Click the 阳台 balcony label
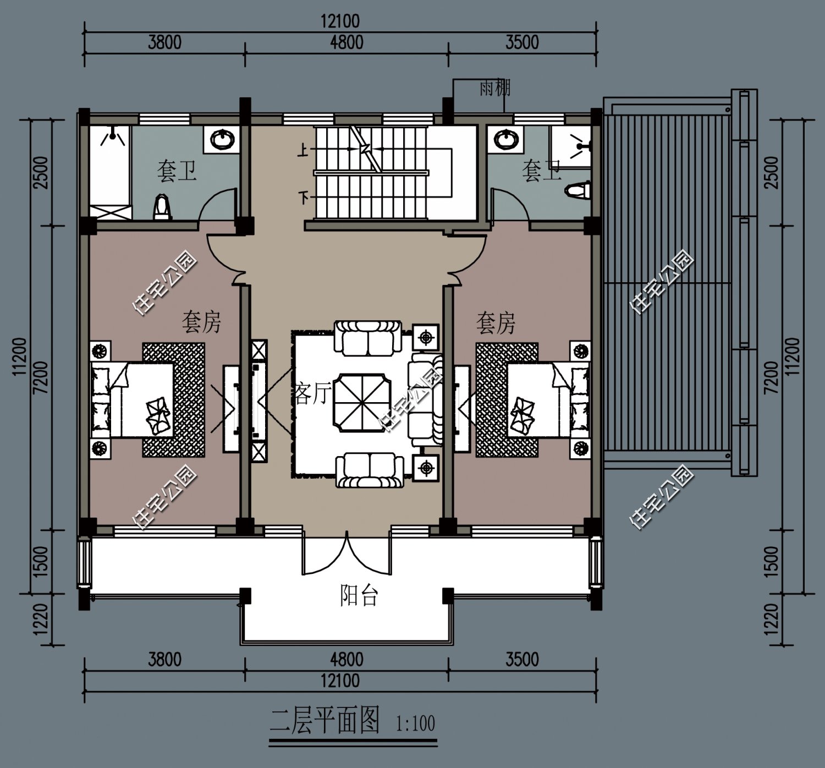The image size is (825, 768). coord(359,595)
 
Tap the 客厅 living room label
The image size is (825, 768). coord(313,393)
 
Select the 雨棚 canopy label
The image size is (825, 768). coord(495,88)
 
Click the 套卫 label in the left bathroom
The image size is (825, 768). coord(177,171)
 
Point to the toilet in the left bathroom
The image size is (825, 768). coord(162,206)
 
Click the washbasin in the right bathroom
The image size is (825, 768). coord(505,139)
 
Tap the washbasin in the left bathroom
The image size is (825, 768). coord(222,139)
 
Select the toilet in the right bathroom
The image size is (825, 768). coord(578,190)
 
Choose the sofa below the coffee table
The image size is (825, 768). coord(369,470)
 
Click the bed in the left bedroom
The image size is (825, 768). coord(132,400)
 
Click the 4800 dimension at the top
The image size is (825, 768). coord(346,42)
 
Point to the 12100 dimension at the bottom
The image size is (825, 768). coord(340,681)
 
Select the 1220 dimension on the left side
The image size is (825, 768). coord(41,619)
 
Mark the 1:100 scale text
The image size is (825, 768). coord(415,723)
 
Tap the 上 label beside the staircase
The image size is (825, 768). coord(303,150)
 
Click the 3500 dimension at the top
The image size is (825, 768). coord(522,42)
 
